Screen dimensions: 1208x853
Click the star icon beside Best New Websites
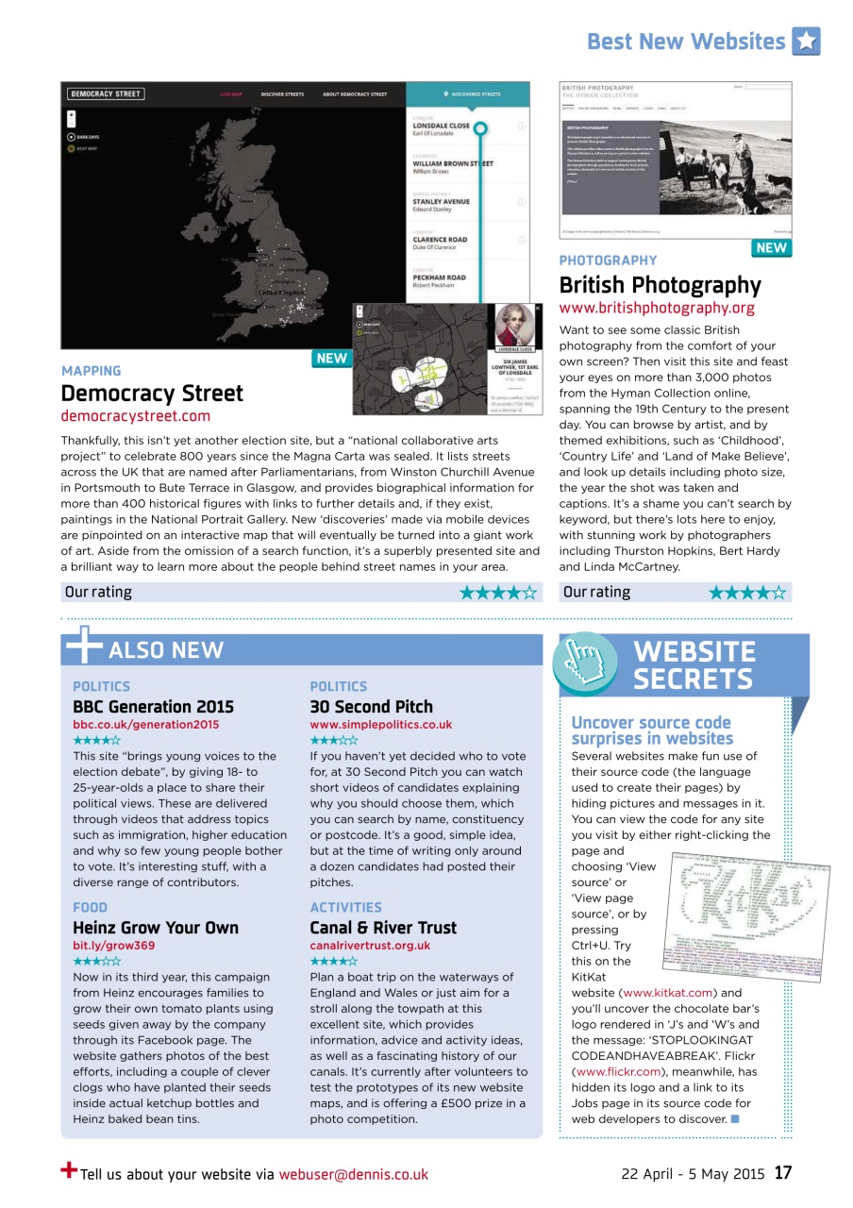click(x=806, y=41)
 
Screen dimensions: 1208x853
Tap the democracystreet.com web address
click(x=135, y=416)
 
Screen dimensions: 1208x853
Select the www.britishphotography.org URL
click(x=657, y=309)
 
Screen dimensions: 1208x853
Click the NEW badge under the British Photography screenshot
click(x=771, y=247)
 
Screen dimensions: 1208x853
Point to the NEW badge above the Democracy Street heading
click(x=331, y=359)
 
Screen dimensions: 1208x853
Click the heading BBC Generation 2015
click(x=153, y=707)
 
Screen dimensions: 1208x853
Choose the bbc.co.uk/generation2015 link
click(x=145, y=725)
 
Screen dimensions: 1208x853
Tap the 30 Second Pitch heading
click(x=371, y=707)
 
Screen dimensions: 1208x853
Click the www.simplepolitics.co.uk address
click(x=380, y=725)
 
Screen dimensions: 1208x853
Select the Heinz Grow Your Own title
click(x=156, y=928)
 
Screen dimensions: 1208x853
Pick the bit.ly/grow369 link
click(x=113, y=946)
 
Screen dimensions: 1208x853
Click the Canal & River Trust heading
click(x=383, y=928)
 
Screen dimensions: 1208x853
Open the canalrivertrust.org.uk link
click(x=370, y=946)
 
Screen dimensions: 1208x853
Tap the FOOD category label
click(x=90, y=908)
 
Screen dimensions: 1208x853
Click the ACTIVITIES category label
click(x=345, y=908)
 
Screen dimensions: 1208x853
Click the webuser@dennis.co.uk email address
click(x=353, y=1175)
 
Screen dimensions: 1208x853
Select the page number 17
click(x=783, y=1174)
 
